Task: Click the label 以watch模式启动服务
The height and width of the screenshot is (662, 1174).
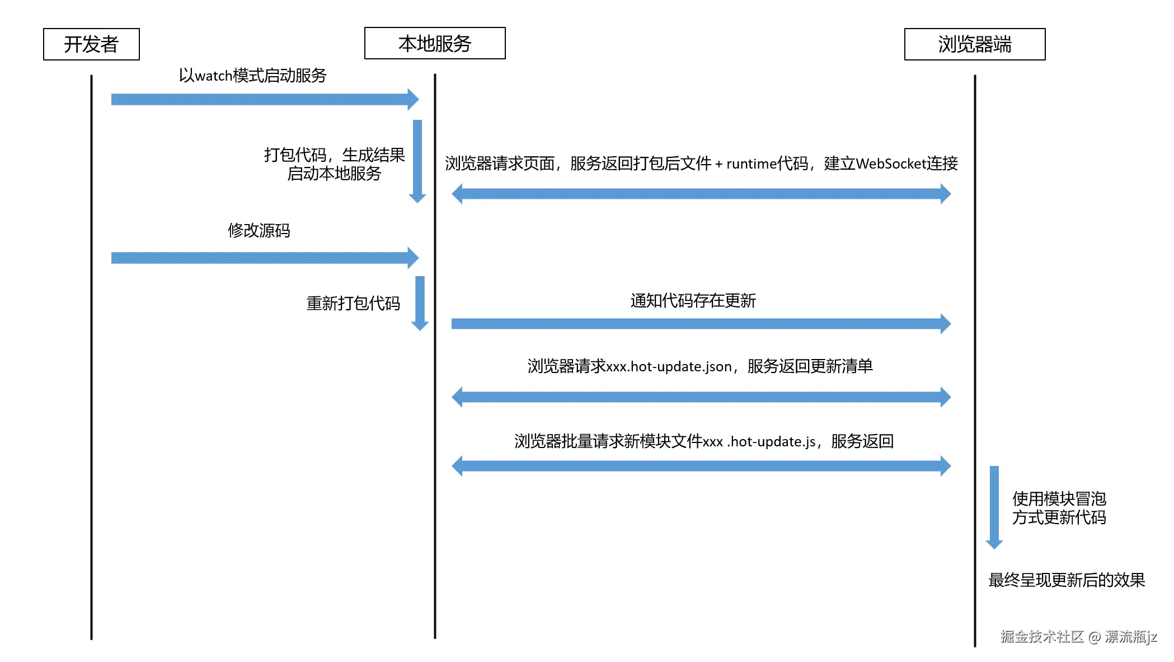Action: coord(252,75)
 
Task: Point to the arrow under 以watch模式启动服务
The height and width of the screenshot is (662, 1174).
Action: coord(265,100)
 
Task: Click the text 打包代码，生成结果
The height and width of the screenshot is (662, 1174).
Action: coord(334,155)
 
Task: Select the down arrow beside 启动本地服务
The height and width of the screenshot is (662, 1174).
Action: coord(417,161)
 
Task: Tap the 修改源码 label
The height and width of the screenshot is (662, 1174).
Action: coord(259,230)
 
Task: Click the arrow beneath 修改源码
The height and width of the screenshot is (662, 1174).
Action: coord(265,258)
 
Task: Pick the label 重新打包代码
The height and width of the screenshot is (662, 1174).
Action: coord(353,303)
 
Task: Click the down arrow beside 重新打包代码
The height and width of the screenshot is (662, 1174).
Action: coord(420,304)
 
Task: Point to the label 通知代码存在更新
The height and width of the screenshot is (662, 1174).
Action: coord(693,301)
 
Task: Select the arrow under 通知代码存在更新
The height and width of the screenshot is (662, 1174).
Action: coord(701,324)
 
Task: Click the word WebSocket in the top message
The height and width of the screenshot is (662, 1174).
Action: coord(890,164)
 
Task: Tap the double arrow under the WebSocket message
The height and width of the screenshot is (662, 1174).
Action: coord(701,194)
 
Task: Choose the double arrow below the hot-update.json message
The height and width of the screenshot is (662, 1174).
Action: coord(701,397)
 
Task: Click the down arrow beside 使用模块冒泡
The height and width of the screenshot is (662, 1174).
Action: coord(994,507)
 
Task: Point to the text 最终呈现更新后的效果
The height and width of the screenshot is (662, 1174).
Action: coord(1067,580)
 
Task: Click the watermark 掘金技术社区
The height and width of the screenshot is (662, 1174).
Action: coord(1042,637)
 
